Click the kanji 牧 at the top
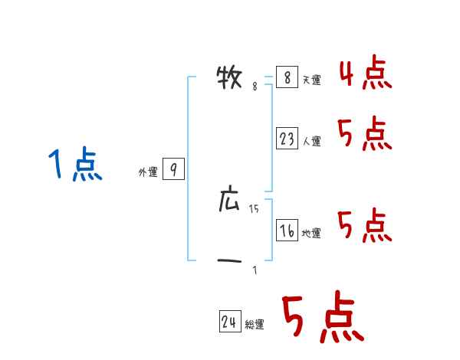pyautogui.click(x=231, y=77)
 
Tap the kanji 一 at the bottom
pyautogui.click(x=230, y=262)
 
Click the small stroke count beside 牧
pyautogui.click(x=255, y=87)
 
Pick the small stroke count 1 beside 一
pyautogui.click(x=255, y=270)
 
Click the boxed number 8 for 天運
pyautogui.click(x=286, y=77)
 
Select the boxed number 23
pyautogui.click(x=287, y=139)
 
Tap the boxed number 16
pyautogui.click(x=287, y=231)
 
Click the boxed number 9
pyautogui.click(x=174, y=170)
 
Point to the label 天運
pyautogui.click(x=311, y=80)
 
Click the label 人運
pyautogui.click(x=311, y=142)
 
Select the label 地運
pyautogui.click(x=311, y=234)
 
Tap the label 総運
pyautogui.click(x=255, y=326)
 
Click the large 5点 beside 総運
pyautogui.click(x=322, y=318)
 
